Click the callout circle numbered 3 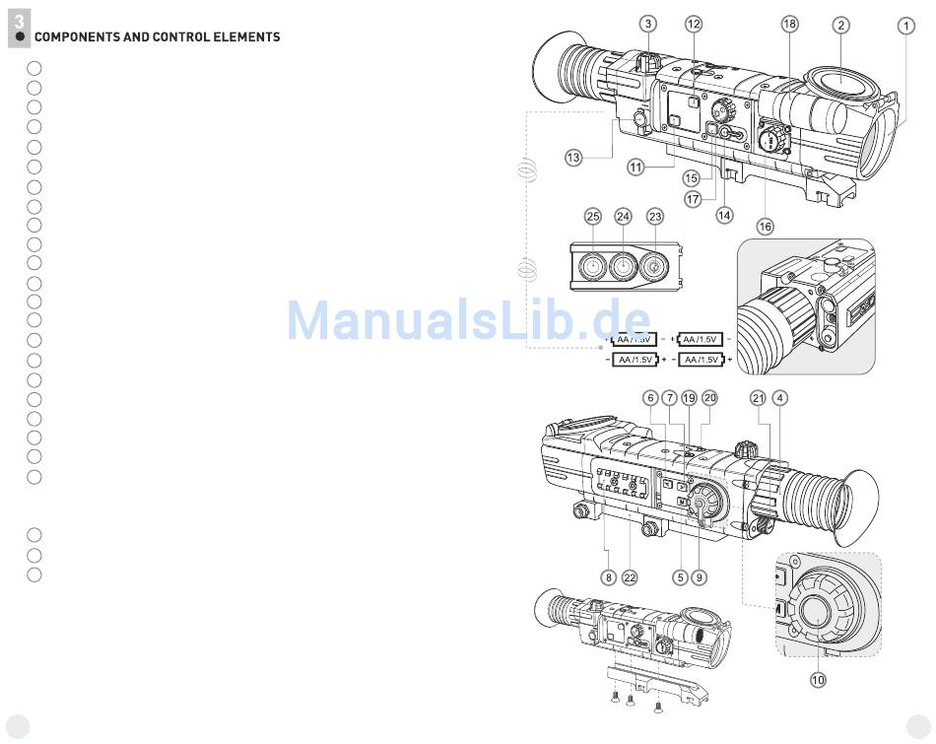[646, 24]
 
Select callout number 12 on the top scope [694, 24]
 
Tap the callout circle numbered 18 [789, 24]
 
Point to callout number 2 [840, 26]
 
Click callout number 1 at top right [905, 27]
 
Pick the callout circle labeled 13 [573, 157]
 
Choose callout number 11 [635, 168]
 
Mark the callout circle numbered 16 [765, 227]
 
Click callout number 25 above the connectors [592, 216]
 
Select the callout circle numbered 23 [655, 216]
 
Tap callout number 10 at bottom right [818, 679]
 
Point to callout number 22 [630, 577]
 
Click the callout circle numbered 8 [608, 577]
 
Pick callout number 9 [699, 577]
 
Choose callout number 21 [757, 398]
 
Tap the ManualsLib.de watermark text [468, 319]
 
